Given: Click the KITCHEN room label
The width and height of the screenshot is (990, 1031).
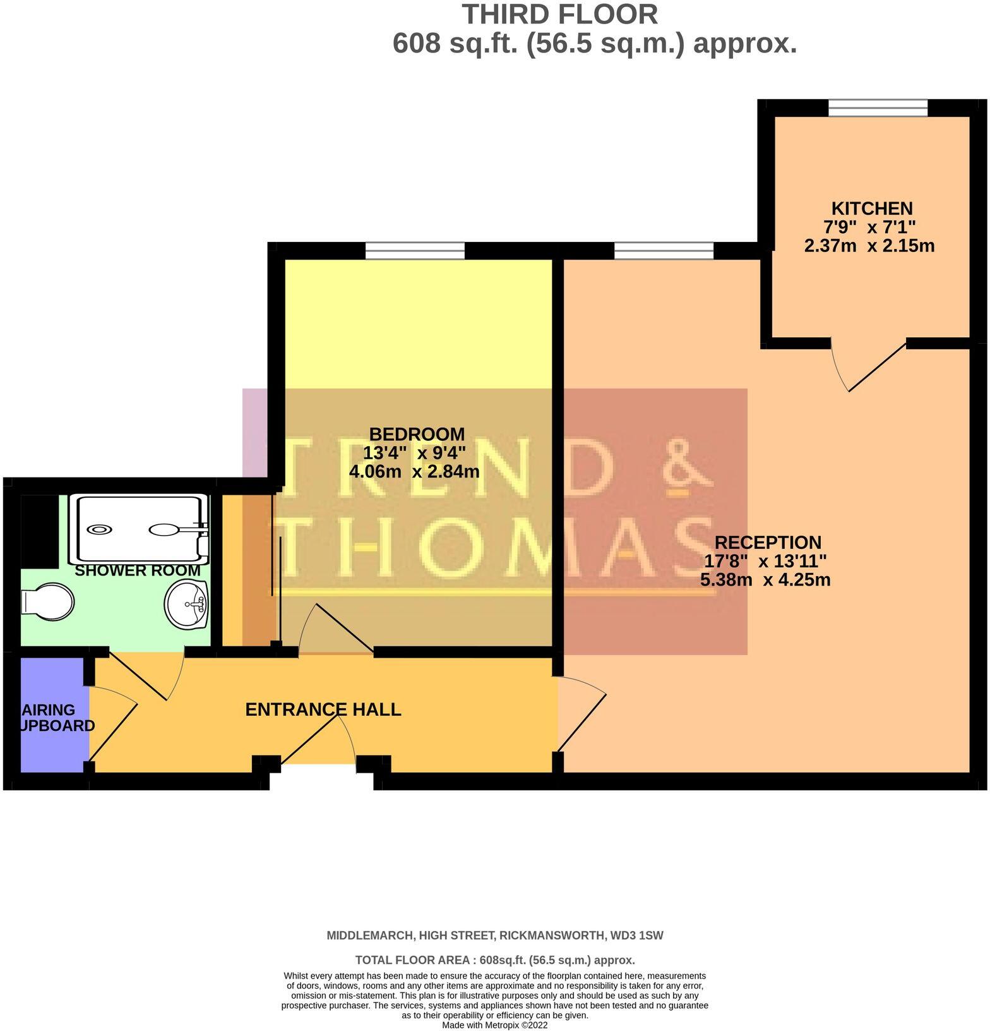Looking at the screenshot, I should pos(871,208).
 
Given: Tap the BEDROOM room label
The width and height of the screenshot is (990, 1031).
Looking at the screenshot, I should pos(417,434).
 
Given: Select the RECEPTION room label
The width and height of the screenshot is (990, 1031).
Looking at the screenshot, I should pos(768,542).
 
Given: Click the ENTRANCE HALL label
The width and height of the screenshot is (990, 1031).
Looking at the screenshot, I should pos(323,709).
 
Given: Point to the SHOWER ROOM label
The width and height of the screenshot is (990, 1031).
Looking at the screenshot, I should pos(138,570).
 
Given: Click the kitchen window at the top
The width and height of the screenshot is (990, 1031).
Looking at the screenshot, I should pos(878,108).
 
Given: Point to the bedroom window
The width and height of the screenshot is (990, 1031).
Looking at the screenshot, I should pos(415,251).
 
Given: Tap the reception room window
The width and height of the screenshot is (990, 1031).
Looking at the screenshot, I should pos(664,251).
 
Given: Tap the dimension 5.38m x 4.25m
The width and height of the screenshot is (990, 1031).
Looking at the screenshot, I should pos(765,579).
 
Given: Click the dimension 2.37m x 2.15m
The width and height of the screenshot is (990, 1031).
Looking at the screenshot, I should pos(869,246).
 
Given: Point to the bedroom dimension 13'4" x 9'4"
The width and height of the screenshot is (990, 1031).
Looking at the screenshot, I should pos(414,453).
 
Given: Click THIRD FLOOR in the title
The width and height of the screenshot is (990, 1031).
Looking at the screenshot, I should pos(560,15).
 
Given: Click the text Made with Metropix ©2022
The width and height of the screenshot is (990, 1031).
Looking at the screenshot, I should pos(494,1025).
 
